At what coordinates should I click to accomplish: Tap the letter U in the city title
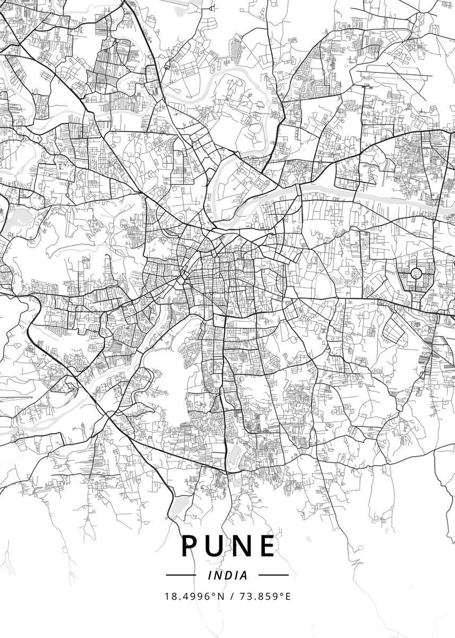(217, 546)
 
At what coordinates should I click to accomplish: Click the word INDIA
(228, 575)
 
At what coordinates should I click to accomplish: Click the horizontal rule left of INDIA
(181, 575)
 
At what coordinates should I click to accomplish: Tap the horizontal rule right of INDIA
(273, 575)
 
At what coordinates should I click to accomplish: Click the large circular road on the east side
(416, 274)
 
